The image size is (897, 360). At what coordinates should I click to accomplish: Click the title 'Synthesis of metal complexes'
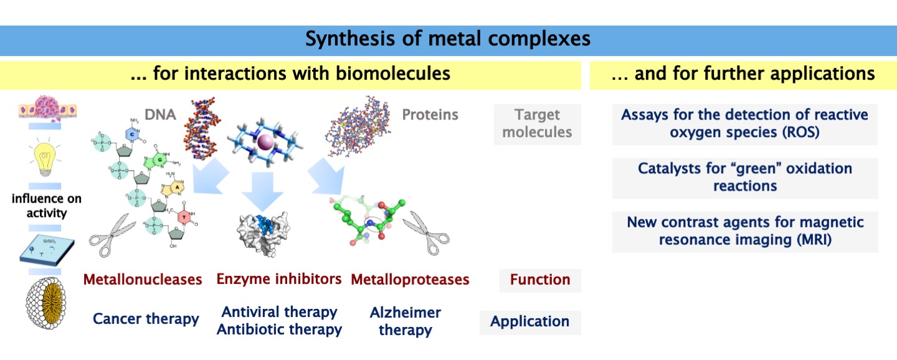tap(448, 40)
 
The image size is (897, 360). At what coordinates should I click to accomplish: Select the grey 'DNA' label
tap(160, 114)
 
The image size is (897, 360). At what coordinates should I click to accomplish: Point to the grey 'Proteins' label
tap(430, 115)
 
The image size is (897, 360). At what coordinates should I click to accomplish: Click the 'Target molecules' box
tap(537, 123)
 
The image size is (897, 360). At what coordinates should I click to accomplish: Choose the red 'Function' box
tap(540, 280)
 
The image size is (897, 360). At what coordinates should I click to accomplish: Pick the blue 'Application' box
tap(529, 321)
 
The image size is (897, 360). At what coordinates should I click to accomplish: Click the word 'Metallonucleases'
tap(143, 280)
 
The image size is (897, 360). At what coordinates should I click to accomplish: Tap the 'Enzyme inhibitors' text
tap(279, 279)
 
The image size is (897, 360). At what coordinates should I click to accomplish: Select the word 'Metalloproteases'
tap(410, 280)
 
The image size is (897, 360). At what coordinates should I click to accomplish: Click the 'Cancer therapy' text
tap(146, 320)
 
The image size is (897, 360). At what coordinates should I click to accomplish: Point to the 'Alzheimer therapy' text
tap(406, 321)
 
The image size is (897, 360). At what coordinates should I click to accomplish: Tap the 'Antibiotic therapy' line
tap(279, 329)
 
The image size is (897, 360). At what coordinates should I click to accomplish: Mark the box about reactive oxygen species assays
tap(744, 123)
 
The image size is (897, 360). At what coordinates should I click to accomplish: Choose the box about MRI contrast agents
tap(745, 231)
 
